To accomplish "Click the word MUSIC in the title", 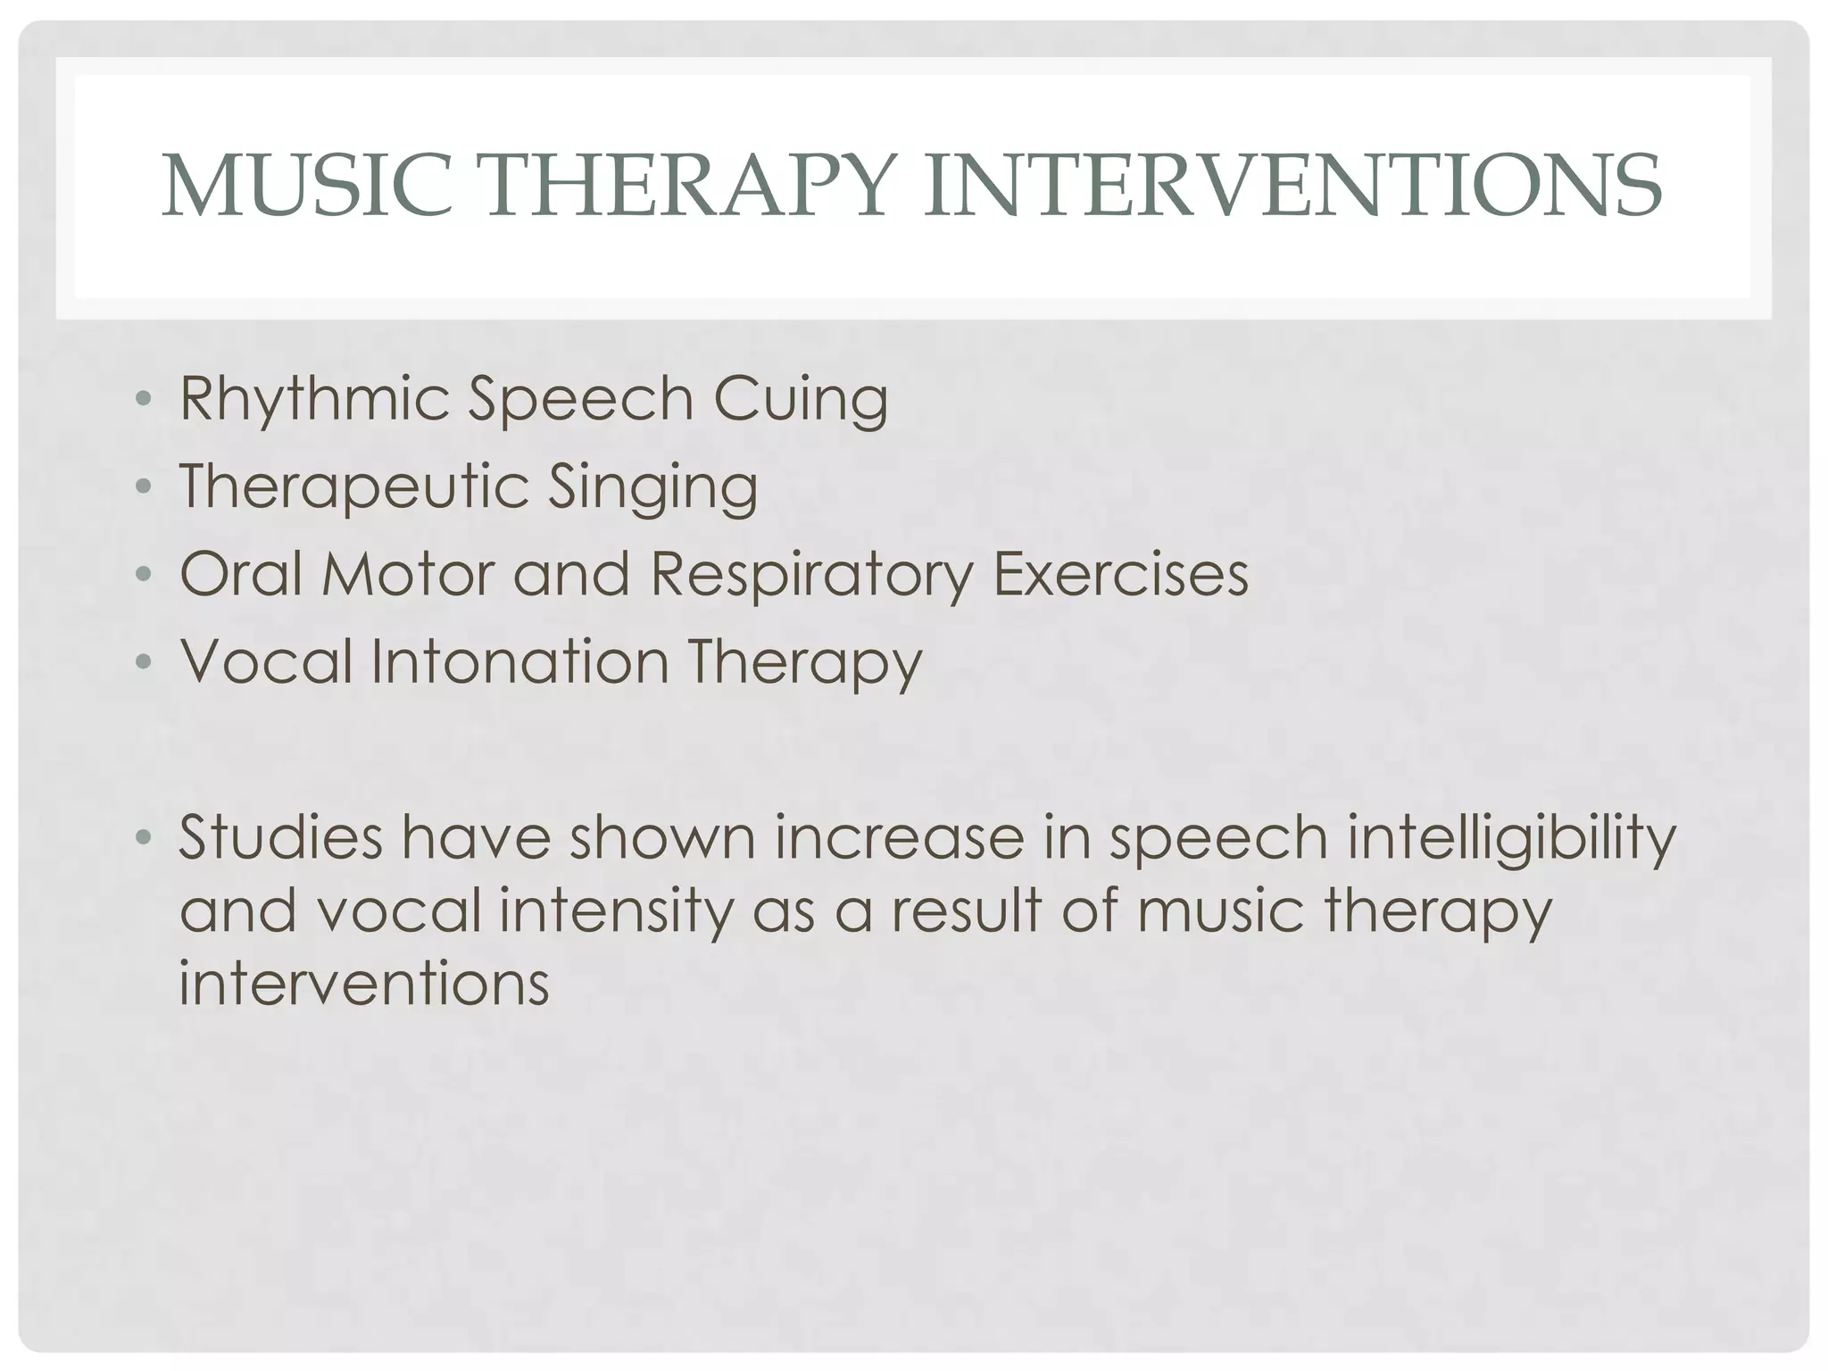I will pos(308,187).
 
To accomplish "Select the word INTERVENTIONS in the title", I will pos(1292,187).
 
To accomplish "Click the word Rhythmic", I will pos(314,399).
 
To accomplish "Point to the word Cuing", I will pos(801,399).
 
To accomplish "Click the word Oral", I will pos(241,573).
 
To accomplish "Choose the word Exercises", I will pos(1121,573).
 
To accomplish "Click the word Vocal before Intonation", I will pos(267,661).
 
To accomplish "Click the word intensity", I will pos(614,911).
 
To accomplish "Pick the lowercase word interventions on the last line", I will pos(364,984).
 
